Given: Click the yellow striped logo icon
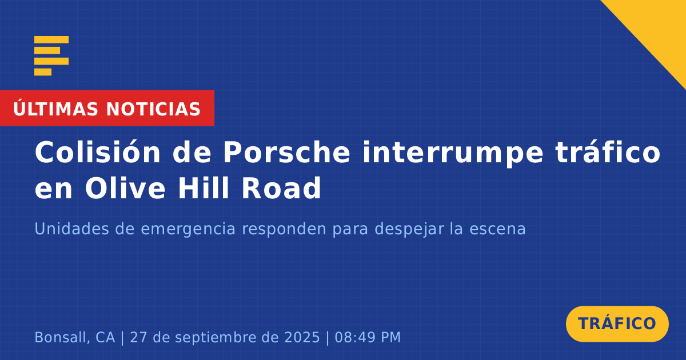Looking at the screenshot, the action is (x=51, y=56).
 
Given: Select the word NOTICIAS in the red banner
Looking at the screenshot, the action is (x=153, y=109).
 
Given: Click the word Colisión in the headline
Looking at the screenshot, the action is (x=98, y=152).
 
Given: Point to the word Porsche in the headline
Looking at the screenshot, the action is (x=286, y=153).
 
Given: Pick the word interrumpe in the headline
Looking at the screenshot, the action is (x=453, y=154).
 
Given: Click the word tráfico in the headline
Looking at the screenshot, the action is (x=608, y=152).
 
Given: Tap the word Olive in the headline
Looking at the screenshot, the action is (x=125, y=187).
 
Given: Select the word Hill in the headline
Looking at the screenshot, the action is (x=204, y=187).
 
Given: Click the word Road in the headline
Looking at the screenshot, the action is (x=281, y=188).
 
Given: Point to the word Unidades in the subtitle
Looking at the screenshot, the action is (x=71, y=229).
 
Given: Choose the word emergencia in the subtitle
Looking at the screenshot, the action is (x=188, y=230).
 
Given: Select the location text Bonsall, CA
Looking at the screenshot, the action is (x=75, y=338).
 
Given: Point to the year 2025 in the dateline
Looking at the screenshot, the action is (x=302, y=337).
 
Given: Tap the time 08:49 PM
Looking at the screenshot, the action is (x=368, y=337).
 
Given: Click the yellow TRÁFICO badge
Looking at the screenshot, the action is (x=617, y=324).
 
